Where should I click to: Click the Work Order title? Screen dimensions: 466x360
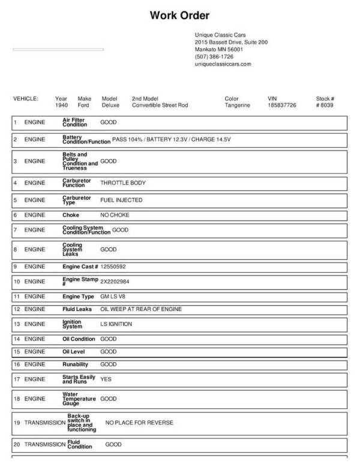(x=179, y=16)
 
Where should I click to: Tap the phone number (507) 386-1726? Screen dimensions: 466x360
(x=214, y=56)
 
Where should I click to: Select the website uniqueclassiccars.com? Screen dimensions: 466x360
(x=223, y=64)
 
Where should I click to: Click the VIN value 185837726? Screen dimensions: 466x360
(x=281, y=105)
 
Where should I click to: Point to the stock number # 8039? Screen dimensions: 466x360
(x=325, y=105)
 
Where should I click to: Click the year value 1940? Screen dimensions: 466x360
(x=61, y=105)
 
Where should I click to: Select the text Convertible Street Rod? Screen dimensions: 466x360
(x=160, y=105)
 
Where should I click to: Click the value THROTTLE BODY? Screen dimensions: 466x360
(x=123, y=183)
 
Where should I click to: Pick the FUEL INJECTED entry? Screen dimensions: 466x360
(x=121, y=200)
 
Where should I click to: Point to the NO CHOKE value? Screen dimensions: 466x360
(x=115, y=215)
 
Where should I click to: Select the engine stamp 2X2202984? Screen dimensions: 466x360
(x=115, y=281)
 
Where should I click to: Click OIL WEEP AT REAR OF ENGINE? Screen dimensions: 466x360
(x=141, y=309)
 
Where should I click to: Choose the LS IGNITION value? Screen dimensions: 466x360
(x=116, y=324)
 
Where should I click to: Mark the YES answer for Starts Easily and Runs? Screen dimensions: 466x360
(x=106, y=380)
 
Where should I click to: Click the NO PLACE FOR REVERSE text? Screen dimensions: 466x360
(x=139, y=423)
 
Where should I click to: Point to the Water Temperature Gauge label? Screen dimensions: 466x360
(x=79, y=398)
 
